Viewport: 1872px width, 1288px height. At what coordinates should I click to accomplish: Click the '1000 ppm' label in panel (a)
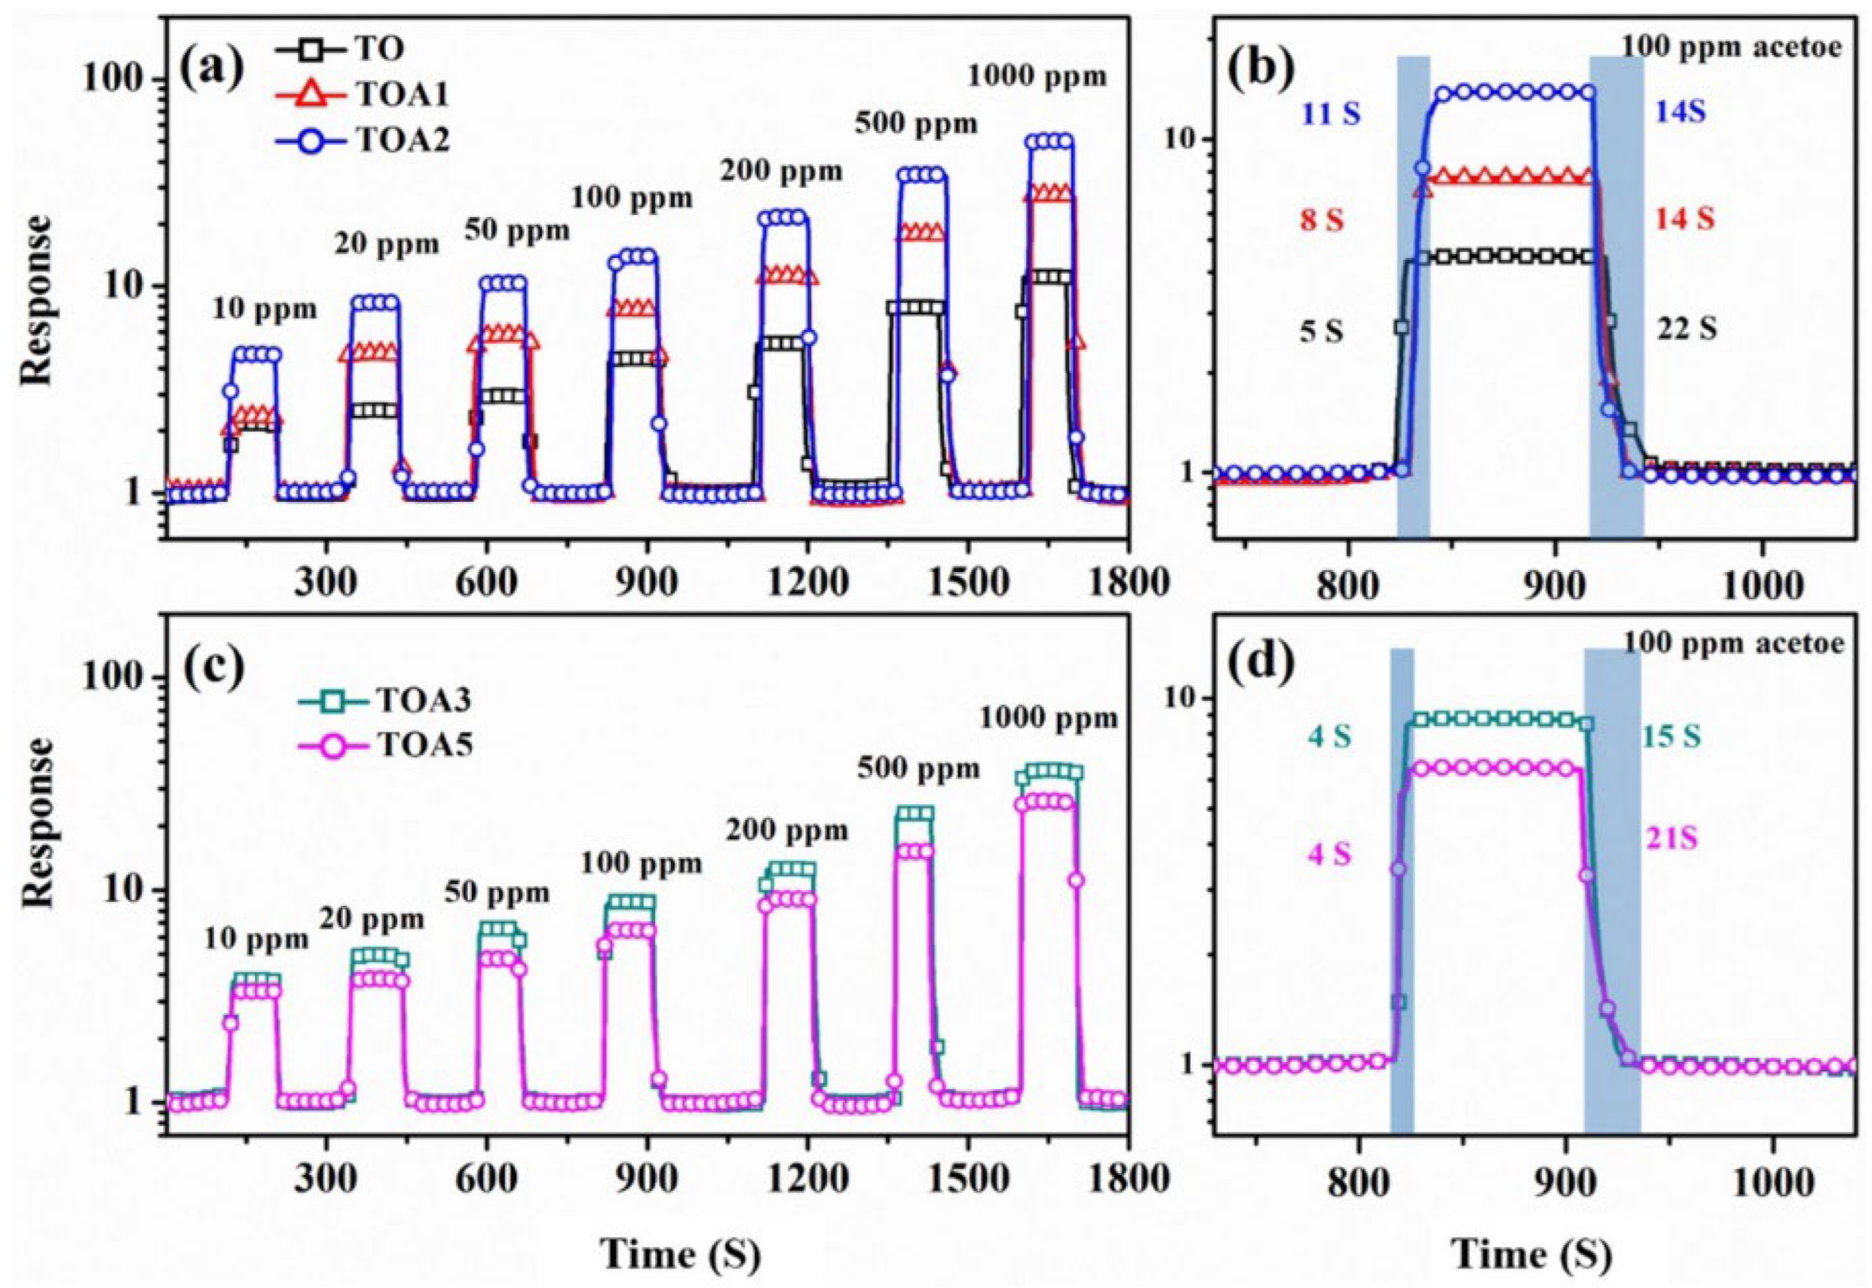[1037, 78]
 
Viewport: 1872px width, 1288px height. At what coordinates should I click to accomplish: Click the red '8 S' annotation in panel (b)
[1322, 220]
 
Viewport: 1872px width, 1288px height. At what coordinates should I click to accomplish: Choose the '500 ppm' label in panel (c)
[918, 770]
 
